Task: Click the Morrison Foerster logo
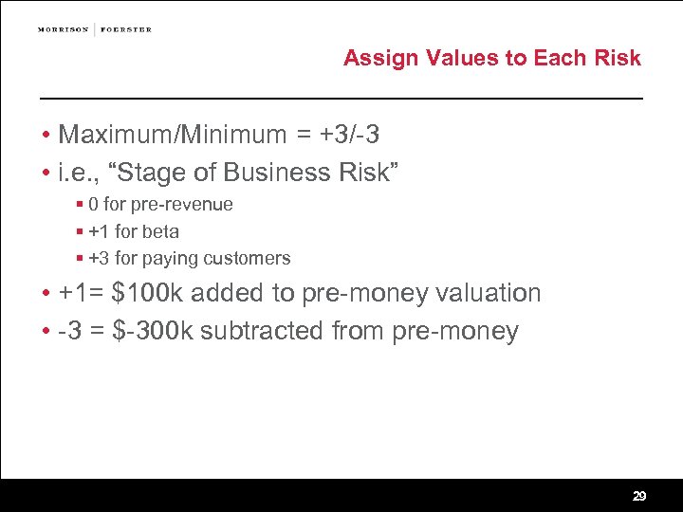click(x=95, y=29)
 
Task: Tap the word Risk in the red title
click(x=618, y=58)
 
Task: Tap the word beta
click(x=160, y=231)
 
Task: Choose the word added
click(x=229, y=293)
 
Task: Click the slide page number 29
click(x=639, y=496)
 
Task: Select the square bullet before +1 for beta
click(x=81, y=231)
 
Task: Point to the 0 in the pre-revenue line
click(x=93, y=205)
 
